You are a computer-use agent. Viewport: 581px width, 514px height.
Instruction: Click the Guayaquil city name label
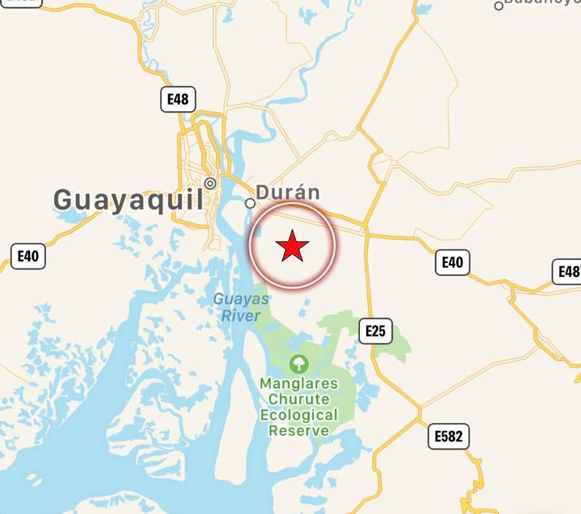coord(128,200)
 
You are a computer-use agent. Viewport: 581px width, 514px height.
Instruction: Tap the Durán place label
coord(288,192)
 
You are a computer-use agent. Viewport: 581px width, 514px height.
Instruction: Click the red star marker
coord(292,246)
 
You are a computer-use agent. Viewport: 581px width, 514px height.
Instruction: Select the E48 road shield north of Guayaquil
coord(178,99)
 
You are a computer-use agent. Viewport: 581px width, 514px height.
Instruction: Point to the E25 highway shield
coord(375,331)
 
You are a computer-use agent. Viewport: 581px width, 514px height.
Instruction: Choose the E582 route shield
coord(448,437)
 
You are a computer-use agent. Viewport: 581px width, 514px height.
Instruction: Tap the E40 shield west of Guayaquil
coord(28,256)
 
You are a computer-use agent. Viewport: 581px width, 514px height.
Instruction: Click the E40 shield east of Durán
coord(453,262)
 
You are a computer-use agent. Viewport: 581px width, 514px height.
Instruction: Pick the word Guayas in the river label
coord(241,300)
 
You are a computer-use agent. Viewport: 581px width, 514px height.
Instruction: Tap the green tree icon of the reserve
coord(299,364)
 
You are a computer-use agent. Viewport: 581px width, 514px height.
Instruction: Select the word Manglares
coord(299,384)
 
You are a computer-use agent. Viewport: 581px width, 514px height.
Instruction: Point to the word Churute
coord(299,399)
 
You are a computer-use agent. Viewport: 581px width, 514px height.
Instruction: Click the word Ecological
coord(299,415)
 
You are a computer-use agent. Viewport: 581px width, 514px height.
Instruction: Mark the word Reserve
coord(299,430)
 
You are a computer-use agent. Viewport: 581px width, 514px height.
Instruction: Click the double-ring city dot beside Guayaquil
coord(211,183)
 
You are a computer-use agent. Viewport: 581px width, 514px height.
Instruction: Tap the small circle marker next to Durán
coord(251,203)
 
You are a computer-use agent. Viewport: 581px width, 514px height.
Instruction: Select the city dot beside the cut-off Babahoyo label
coord(499,6)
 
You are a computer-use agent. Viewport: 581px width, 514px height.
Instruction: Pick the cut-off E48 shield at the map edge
coord(569,271)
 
